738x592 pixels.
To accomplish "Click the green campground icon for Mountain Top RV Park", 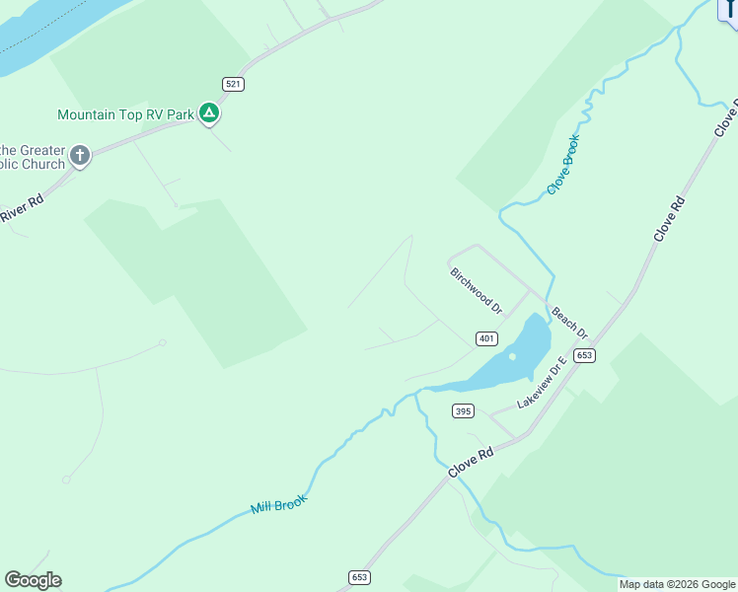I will (209, 113).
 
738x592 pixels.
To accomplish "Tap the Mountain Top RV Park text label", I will (125, 114).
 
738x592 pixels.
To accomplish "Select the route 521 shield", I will (233, 85).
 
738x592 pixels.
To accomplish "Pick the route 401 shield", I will (485, 338).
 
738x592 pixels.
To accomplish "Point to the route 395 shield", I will (463, 410).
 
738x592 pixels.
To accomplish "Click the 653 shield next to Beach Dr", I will (584, 355).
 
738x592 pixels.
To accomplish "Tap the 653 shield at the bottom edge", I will (358, 577).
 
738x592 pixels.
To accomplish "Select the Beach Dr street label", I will (569, 321).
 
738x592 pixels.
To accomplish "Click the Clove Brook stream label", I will (563, 164).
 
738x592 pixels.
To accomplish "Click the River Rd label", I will (22, 209).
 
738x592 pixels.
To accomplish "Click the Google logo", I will (33, 580).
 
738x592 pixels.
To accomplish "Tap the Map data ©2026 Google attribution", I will (678, 584).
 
